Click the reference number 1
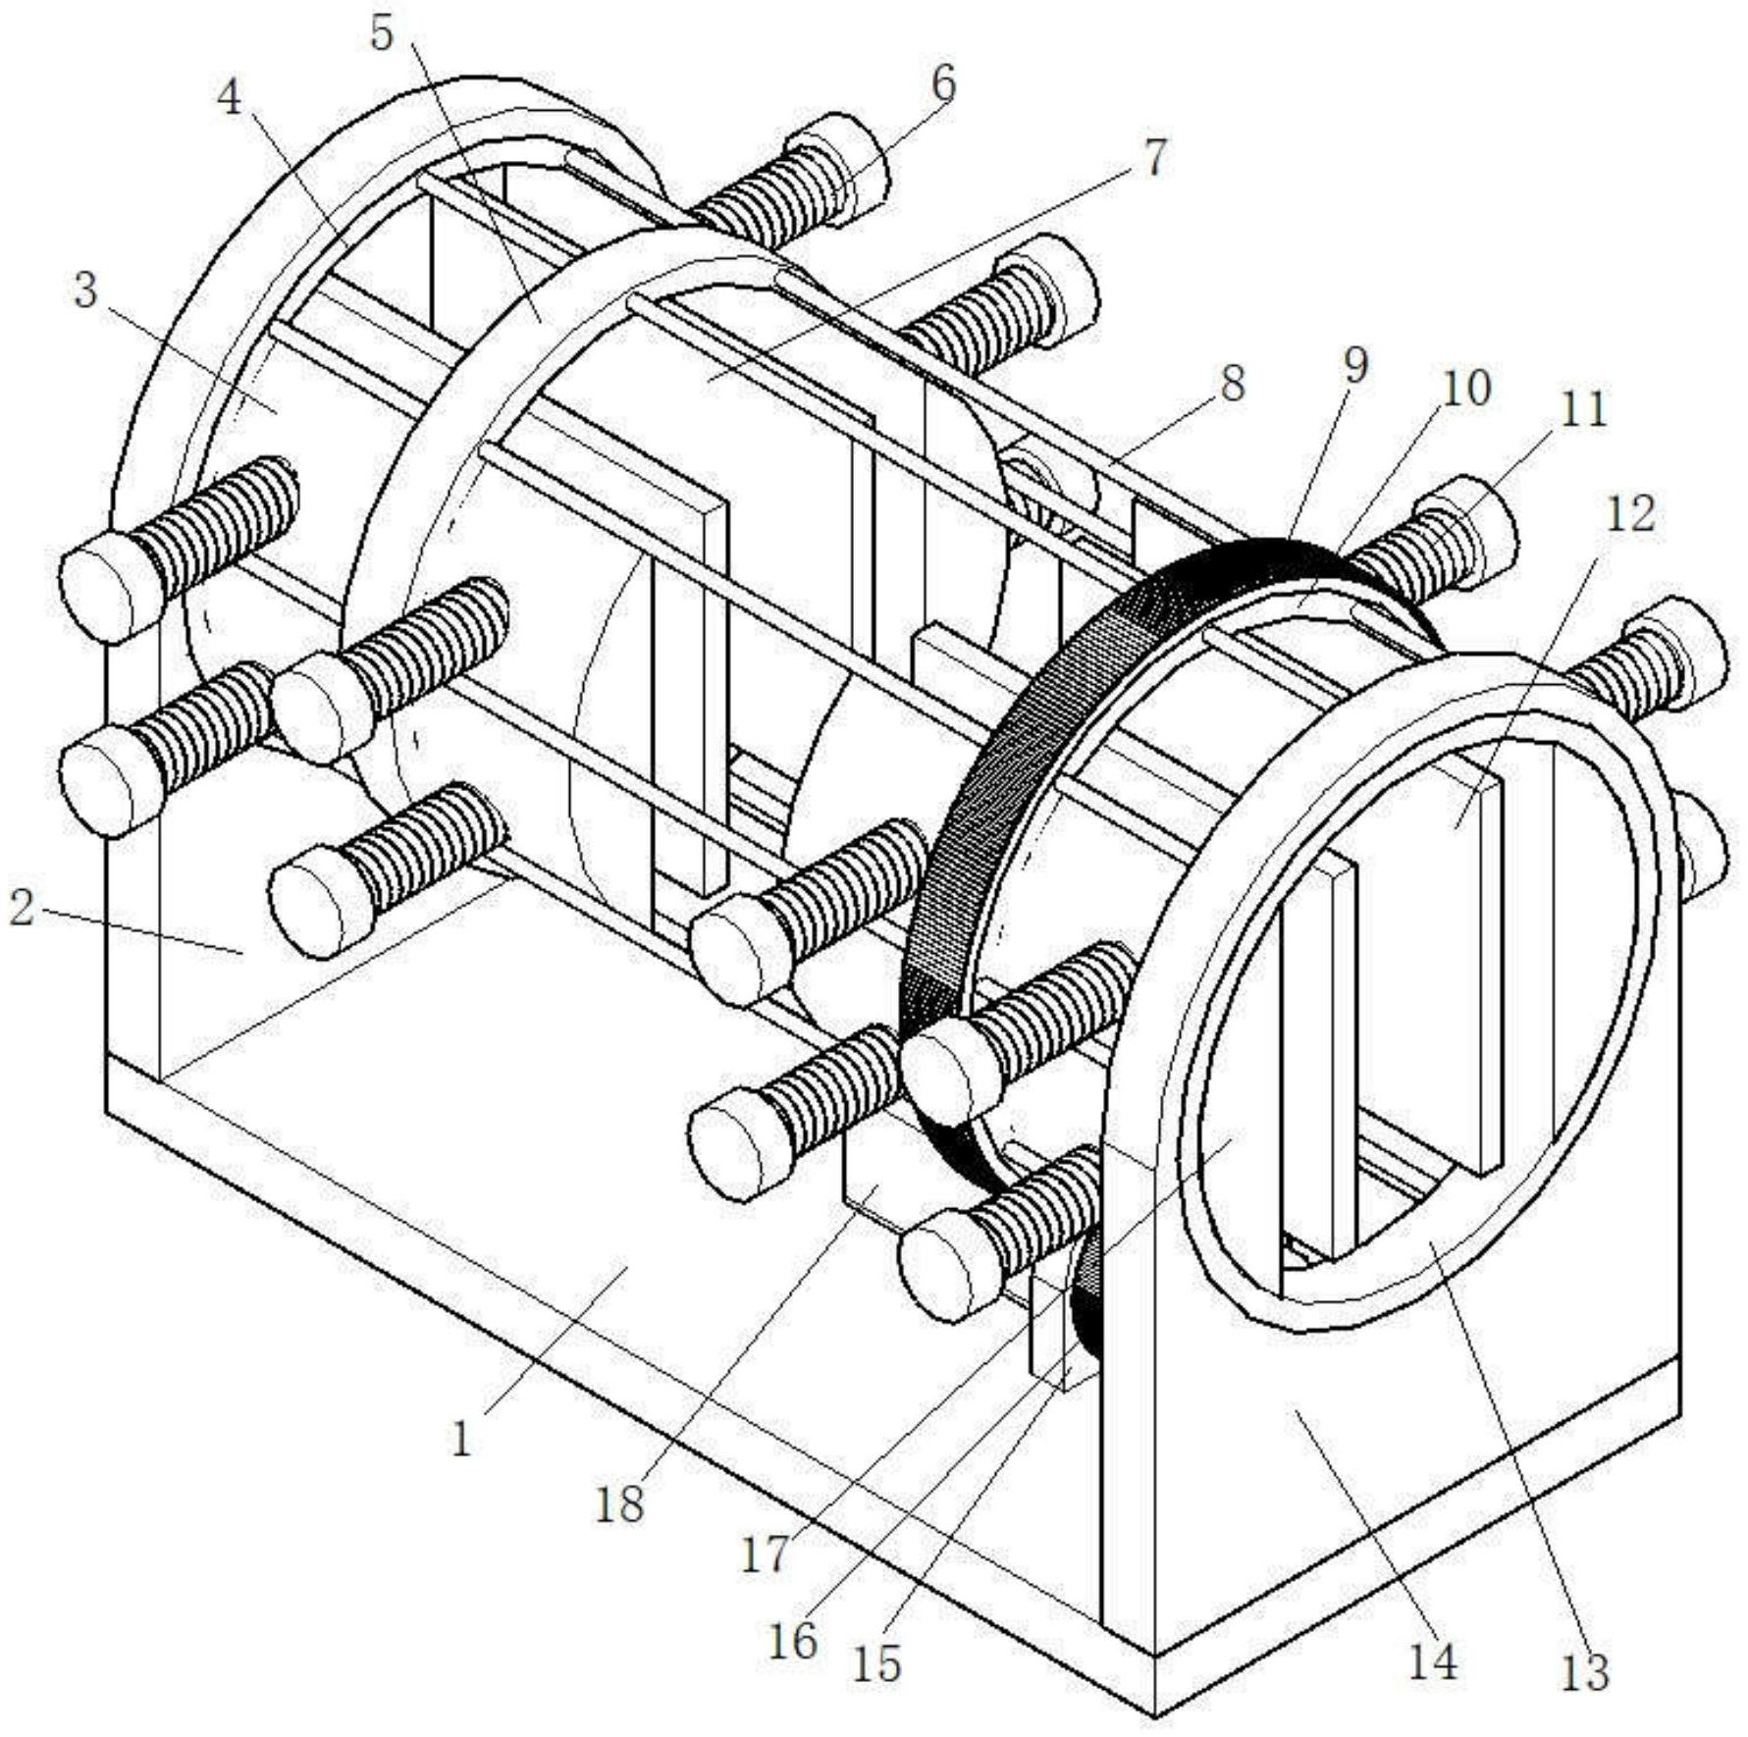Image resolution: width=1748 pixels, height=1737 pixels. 460,1439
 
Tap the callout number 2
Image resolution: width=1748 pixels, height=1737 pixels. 22,908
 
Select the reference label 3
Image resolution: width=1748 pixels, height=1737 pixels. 86,290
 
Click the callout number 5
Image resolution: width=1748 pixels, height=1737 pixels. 382,33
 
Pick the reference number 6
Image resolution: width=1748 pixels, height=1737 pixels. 941,84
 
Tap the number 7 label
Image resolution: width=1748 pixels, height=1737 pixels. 1155,157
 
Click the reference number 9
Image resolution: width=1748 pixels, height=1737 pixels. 1354,366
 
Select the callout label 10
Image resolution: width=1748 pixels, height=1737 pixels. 1466,389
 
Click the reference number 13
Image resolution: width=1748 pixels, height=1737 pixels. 1584,1672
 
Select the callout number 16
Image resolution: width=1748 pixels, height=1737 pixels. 792,1639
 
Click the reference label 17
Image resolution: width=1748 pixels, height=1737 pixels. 765,1553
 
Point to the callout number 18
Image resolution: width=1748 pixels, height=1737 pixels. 619,1503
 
